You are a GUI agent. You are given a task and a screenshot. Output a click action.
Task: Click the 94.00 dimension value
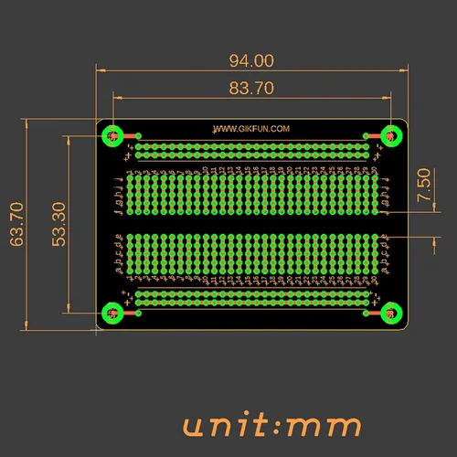click(250, 61)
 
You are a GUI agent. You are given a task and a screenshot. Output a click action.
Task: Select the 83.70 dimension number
click(250, 88)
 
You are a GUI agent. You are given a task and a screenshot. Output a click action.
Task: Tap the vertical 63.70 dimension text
click(16, 225)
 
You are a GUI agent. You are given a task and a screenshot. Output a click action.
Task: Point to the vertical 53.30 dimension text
click(58, 225)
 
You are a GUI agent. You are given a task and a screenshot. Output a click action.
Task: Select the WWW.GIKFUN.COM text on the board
click(251, 129)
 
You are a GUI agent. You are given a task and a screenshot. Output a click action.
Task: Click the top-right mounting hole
click(389, 136)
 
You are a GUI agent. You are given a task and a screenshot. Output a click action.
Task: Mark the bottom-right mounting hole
click(389, 314)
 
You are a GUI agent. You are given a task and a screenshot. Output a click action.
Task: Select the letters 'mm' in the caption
click(325, 426)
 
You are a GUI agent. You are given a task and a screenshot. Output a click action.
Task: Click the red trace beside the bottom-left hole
click(129, 314)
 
